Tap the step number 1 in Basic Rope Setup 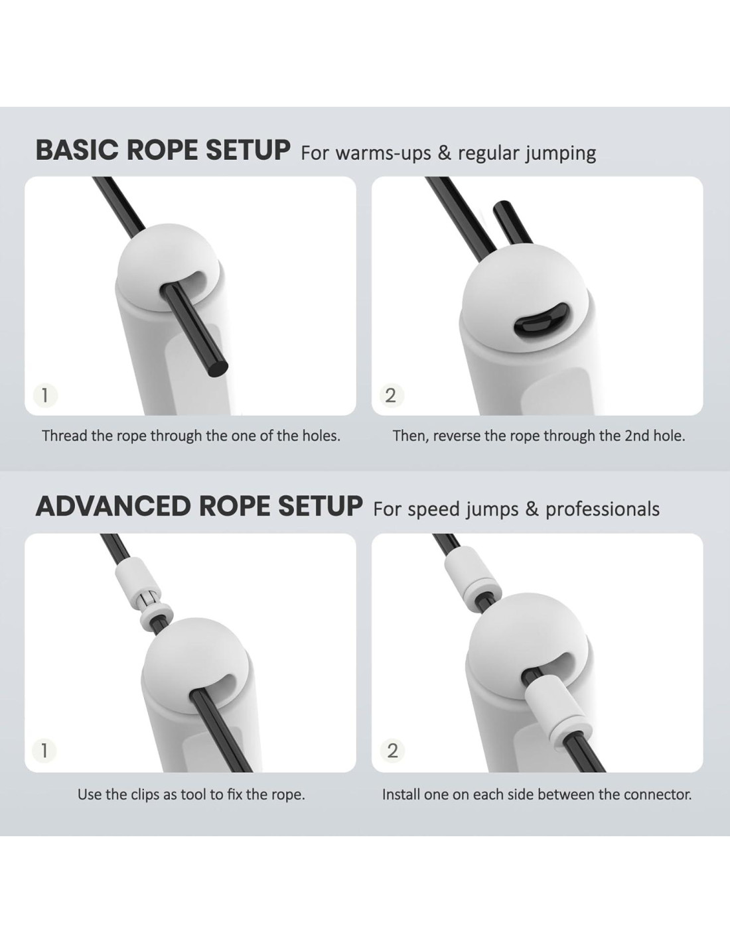click(44, 395)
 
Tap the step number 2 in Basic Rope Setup click(391, 395)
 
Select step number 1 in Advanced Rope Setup click(44, 750)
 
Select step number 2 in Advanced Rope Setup click(392, 750)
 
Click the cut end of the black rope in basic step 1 click(218, 369)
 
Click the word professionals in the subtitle click(603, 509)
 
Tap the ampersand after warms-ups click(444, 153)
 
